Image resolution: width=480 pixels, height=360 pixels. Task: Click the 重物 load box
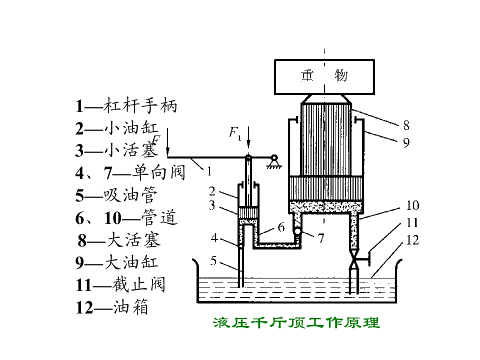324,76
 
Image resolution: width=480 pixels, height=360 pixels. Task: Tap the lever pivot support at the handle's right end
274,161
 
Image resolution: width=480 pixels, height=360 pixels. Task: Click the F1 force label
235,133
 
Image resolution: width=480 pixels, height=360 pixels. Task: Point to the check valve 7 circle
297,231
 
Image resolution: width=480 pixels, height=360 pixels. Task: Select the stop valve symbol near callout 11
354,259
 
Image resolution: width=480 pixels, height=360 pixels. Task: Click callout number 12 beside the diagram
412,240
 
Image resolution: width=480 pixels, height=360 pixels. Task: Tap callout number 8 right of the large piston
406,125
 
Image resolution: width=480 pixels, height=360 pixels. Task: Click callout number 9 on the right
406,142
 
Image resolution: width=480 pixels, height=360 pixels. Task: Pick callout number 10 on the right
412,205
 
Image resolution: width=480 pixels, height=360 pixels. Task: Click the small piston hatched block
248,212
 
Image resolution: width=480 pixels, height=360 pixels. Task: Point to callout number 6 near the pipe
281,227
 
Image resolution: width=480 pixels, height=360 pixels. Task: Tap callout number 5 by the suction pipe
213,261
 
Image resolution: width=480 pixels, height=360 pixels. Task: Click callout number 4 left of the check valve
214,238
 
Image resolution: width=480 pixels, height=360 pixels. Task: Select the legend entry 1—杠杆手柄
126,106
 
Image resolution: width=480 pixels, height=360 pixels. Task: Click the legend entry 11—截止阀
120,284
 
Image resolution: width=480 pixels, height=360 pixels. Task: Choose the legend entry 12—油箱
112,307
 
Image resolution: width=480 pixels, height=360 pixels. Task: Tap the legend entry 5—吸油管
116,195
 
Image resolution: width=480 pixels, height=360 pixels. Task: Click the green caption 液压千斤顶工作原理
296,323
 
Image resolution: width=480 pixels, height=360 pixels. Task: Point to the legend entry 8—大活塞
119,240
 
